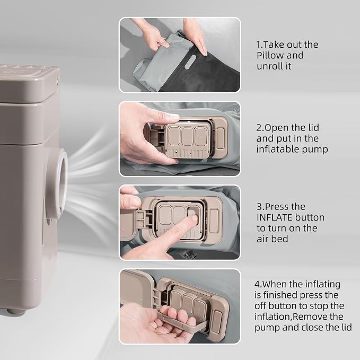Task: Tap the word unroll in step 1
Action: [268, 66]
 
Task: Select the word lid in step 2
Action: [313, 128]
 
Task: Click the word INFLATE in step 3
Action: [274, 217]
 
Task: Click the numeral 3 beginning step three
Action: [259, 207]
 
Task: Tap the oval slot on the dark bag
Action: [190, 62]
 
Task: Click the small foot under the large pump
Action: [16, 311]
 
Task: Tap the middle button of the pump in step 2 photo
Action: [188, 136]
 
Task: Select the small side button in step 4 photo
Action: [216, 321]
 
